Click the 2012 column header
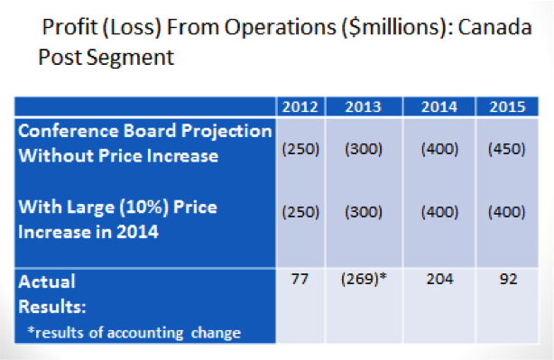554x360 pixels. pos(298,107)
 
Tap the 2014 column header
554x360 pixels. pos(438,107)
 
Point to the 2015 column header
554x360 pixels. pos(506,107)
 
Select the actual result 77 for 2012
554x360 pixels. pos(299,280)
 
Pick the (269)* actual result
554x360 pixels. pos(364,280)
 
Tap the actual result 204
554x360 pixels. pos(438,280)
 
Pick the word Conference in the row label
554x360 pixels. pos(65,132)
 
